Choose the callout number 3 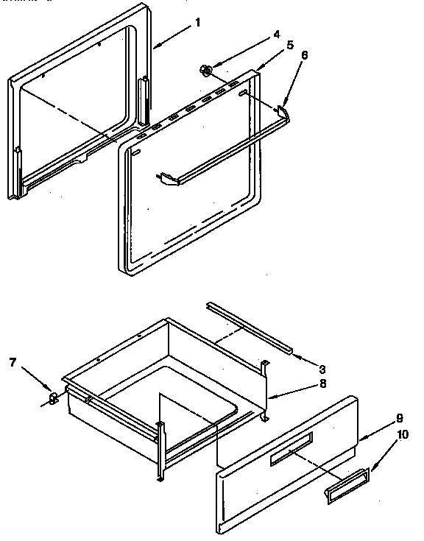click(x=322, y=368)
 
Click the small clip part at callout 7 click(x=53, y=398)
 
